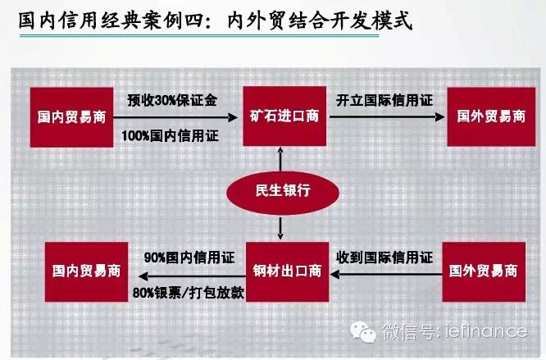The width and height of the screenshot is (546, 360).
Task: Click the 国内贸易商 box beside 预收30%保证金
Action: [x=69, y=116]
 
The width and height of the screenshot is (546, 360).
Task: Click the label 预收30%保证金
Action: [x=173, y=100]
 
